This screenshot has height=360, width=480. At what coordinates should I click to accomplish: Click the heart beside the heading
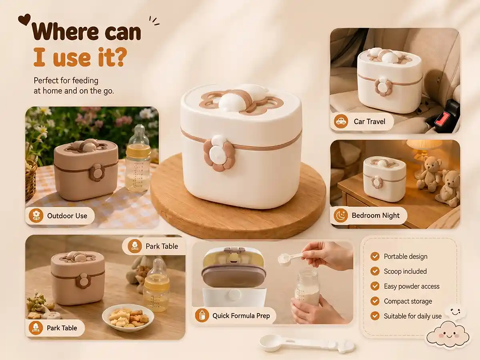[x=24, y=20]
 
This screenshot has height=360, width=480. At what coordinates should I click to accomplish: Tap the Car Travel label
[x=369, y=122]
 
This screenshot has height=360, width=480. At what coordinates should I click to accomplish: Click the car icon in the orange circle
[x=341, y=121]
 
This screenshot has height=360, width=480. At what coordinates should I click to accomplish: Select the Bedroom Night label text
[x=376, y=216]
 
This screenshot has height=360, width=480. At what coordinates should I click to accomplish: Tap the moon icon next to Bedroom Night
[x=341, y=215]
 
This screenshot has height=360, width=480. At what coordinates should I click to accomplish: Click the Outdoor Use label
[x=67, y=216]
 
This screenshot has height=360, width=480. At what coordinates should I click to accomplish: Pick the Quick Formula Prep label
[x=241, y=316]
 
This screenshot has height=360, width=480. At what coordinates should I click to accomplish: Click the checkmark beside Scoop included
[x=375, y=271]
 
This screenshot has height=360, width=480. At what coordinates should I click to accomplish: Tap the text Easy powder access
[x=412, y=286]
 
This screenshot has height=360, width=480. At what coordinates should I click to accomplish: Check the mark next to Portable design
[x=375, y=256]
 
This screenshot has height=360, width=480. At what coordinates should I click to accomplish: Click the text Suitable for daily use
[x=413, y=316]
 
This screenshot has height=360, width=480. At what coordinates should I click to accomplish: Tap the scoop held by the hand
[x=291, y=257]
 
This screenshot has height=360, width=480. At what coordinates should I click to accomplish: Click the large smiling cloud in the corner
[x=448, y=335]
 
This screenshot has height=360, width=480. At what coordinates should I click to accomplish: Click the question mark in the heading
[x=119, y=57]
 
